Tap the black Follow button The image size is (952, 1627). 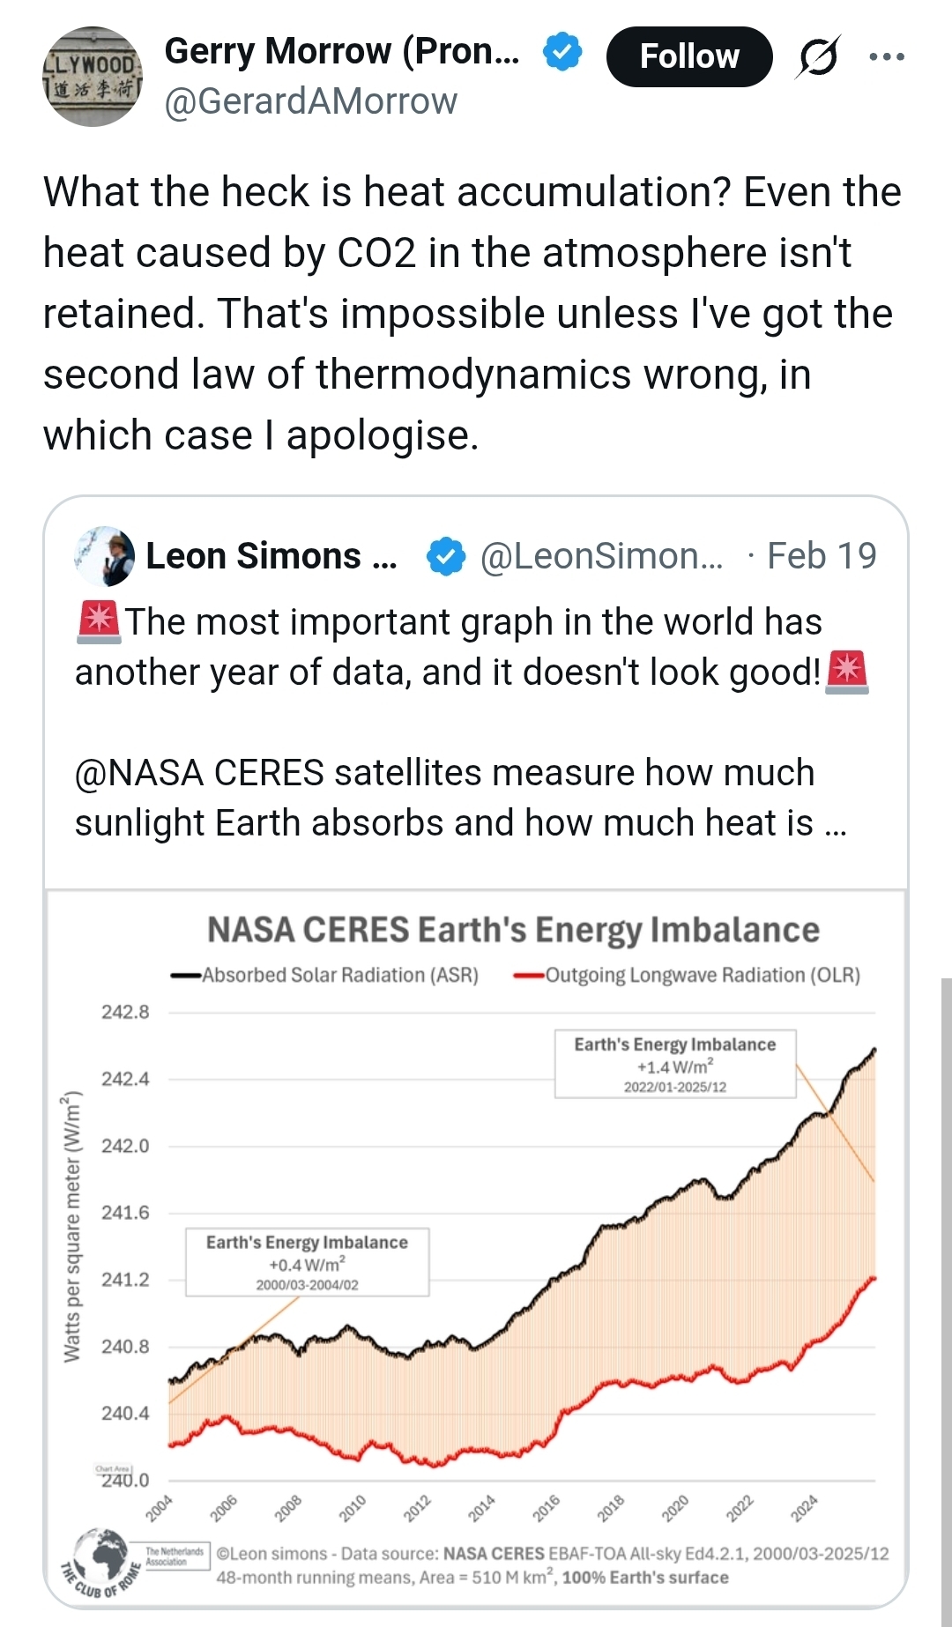tap(689, 56)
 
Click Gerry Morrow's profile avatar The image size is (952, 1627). tap(93, 76)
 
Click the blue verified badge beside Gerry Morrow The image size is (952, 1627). tap(562, 52)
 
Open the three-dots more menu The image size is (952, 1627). tap(886, 56)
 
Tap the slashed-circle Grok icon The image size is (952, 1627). tap(818, 57)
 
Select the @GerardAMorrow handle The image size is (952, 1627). tap(310, 101)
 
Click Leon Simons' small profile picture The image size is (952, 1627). tap(105, 556)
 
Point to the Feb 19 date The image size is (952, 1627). tap(822, 556)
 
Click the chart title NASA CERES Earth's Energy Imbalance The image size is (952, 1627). tap(513, 930)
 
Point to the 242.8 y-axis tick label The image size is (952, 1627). tap(125, 1012)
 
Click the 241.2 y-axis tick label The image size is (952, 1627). tap(125, 1280)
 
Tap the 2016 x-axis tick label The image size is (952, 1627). tap(547, 1508)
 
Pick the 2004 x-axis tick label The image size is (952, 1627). tap(160, 1508)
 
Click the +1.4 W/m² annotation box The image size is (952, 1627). tap(675, 1064)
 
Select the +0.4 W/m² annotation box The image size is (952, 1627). tap(307, 1262)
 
